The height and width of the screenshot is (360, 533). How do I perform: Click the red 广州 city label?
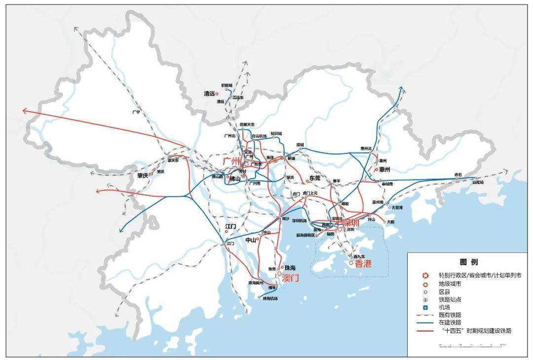[x=230, y=161]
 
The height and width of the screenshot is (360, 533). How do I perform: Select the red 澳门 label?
[x=291, y=278]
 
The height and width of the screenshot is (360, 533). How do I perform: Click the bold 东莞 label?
[x=314, y=178]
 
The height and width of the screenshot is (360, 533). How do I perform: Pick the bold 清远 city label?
[x=210, y=93]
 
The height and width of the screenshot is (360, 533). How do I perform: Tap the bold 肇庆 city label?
[x=143, y=175]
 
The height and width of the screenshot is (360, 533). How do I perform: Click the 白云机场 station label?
[x=259, y=136]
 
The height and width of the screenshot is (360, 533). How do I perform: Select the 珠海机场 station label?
[x=270, y=298]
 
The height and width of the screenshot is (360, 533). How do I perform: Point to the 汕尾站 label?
[x=478, y=182]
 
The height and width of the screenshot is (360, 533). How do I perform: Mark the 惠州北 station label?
[x=366, y=148]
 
